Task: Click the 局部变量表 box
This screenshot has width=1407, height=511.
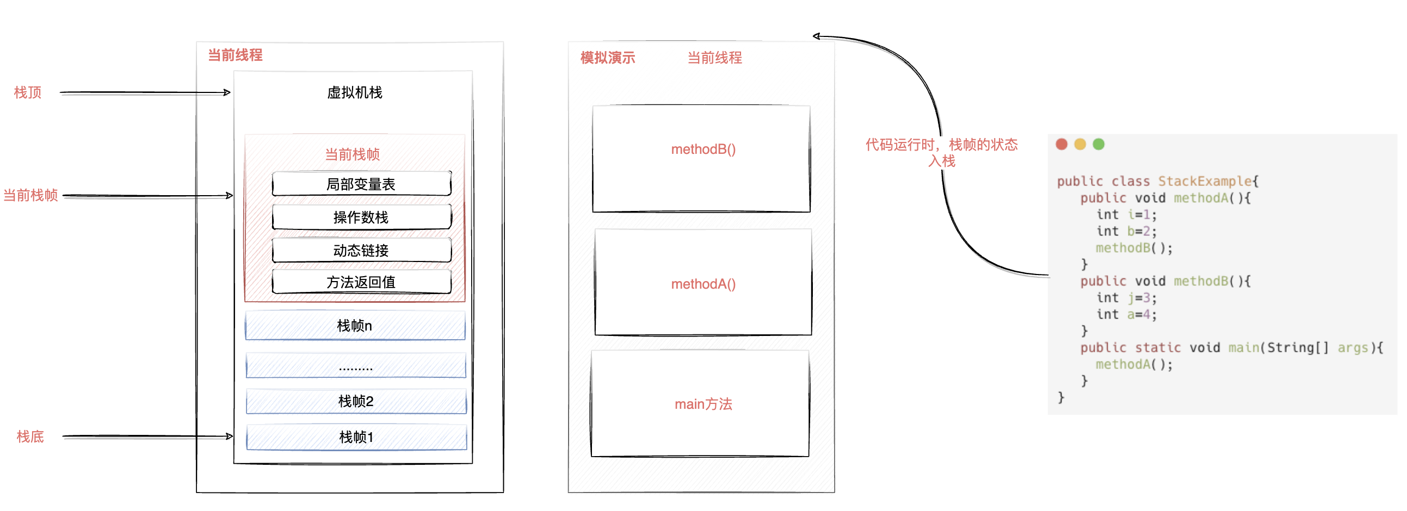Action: pyautogui.click(x=361, y=184)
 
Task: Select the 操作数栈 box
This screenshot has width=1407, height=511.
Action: pyautogui.click(x=361, y=217)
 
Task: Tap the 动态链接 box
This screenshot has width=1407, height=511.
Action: pyautogui.click(x=361, y=251)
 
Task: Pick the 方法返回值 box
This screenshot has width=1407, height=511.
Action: pyautogui.click(x=361, y=282)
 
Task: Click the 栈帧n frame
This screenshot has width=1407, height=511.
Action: pyautogui.click(x=355, y=326)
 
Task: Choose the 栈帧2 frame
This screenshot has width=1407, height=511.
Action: pyautogui.click(x=356, y=401)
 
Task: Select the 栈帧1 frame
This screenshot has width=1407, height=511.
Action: pyautogui.click(x=356, y=437)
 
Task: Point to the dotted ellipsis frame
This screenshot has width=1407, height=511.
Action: pyautogui.click(x=356, y=366)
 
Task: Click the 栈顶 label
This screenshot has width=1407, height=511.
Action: pyautogui.click(x=28, y=92)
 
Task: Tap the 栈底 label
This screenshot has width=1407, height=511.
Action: pyautogui.click(x=30, y=437)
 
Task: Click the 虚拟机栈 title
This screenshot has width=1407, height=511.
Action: pyautogui.click(x=355, y=92)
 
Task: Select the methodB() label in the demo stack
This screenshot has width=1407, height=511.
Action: pyautogui.click(x=703, y=149)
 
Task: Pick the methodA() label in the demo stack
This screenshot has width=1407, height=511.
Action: pyautogui.click(x=703, y=284)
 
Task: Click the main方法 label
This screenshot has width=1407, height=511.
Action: pyautogui.click(x=703, y=404)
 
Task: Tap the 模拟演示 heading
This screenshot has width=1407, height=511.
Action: pyautogui.click(x=607, y=58)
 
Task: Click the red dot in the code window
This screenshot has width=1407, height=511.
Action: pyautogui.click(x=1062, y=144)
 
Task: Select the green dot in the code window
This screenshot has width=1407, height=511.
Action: pyautogui.click(x=1099, y=144)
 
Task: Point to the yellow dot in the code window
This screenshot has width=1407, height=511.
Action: pyautogui.click(x=1080, y=144)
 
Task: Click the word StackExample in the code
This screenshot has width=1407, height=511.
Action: pyautogui.click(x=1205, y=181)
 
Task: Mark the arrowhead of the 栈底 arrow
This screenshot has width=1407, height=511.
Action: pyautogui.click(x=230, y=436)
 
